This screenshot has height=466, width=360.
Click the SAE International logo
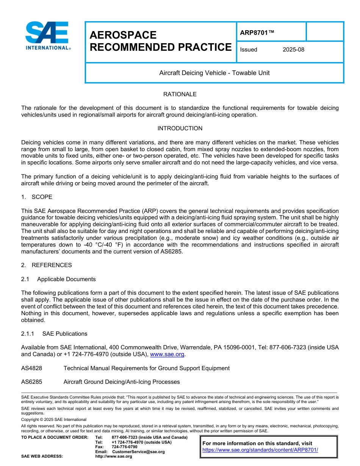click(x=48, y=36)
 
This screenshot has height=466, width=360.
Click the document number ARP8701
click(x=257, y=33)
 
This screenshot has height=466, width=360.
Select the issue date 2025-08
click(x=293, y=50)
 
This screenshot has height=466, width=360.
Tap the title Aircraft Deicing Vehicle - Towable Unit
click(x=214, y=73)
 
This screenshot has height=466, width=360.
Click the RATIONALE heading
click(x=180, y=94)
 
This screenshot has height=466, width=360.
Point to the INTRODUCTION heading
click(x=180, y=128)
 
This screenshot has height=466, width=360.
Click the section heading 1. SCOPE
click(x=37, y=197)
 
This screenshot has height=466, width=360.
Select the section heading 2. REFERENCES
click(x=46, y=265)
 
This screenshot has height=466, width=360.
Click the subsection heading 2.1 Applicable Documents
click(x=58, y=279)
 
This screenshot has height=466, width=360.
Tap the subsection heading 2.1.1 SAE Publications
click(x=54, y=334)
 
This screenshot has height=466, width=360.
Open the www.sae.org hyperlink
click(x=167, y=354)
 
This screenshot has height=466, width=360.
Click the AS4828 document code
click(x=31, y=368)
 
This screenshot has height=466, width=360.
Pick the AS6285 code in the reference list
click(x=31, y=382)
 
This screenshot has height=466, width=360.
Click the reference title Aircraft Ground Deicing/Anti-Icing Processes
click(x=121, y=382)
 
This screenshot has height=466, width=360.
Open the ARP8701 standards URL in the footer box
click(x=260, y=450)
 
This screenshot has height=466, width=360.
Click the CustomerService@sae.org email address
click(x=138, y=452)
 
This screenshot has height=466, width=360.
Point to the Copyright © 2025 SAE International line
click(x=54, y=419)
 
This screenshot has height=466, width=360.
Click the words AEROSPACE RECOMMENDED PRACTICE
click(x=160, y=41)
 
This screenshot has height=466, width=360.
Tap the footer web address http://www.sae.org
click(x=114, y=457)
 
